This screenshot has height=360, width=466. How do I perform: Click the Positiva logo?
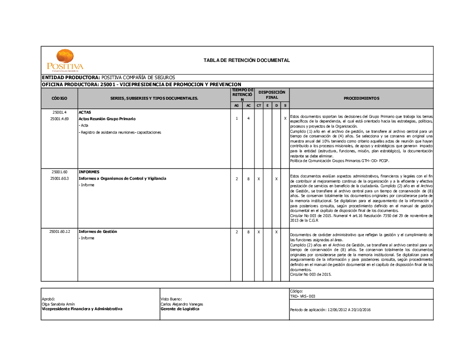tap(65, 60)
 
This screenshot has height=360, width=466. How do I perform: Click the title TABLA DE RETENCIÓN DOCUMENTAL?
tap(247, 60)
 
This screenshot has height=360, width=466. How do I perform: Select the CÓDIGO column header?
tap(59, 98)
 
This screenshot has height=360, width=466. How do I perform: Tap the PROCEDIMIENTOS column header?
tap(361, 98)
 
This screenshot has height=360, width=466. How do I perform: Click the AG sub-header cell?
tap(236, 106)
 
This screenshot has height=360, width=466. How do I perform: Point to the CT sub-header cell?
tap(259, 106)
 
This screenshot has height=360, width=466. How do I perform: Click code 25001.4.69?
tap(60, 119)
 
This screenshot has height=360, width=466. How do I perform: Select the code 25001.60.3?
tap(60, 178)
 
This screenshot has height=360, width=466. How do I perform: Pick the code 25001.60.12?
tap(60, 231)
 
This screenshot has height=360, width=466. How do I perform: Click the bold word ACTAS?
tap(85, 112)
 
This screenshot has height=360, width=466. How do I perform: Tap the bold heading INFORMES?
tap(89, 172)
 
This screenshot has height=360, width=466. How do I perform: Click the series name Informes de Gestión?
tap(98, 231)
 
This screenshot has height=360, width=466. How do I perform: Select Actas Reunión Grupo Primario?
tap(107, 119)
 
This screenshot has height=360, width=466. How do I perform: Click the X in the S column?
tap(285, 119)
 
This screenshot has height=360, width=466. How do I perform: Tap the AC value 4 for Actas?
tap(248, 119)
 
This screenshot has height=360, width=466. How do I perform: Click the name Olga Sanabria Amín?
tap(58, 304)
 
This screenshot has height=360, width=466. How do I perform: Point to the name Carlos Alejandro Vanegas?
tap(182, 304)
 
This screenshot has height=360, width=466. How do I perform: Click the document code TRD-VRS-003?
tap(303, 296)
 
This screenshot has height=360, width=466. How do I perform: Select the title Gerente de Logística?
tap(180, 309)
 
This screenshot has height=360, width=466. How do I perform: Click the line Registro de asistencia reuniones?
tap(120, 132)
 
